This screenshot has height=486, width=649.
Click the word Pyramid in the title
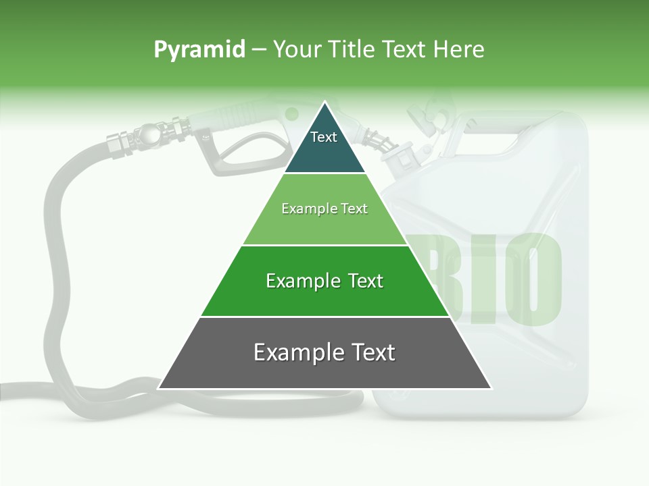pos(199,49)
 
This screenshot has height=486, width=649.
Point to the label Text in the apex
pos(324,137)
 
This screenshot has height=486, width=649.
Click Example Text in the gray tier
pos(324,352)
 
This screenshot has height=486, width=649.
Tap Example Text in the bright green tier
pos(324,281)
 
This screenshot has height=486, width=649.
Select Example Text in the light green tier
pos(324,209)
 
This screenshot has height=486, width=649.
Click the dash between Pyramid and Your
pos(259,49)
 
